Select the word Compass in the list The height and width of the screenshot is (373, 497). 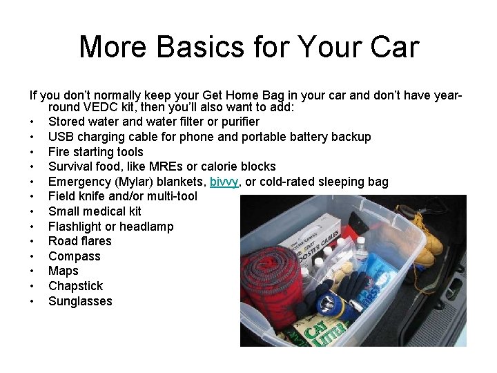click(x=74, y=256)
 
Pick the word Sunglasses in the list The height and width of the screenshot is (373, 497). click(x=80, y=301)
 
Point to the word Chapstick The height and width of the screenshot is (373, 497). click(x=75, y=286)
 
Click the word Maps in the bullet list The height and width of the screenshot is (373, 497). click(x=64, y=271)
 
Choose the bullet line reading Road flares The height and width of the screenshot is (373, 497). click(x=79, y=241)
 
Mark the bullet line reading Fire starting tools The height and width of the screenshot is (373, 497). click(x=96, y=152)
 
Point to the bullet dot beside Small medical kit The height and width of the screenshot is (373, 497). click(x=32, y=211)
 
